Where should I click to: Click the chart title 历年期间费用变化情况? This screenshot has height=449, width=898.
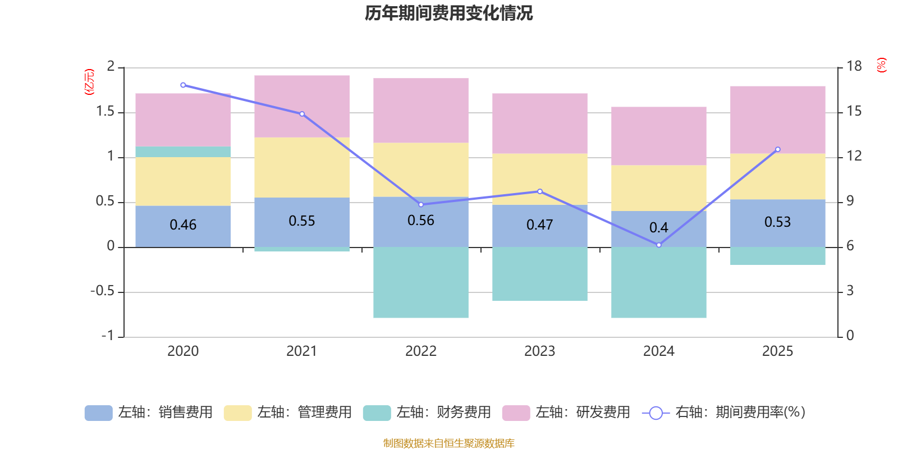448,13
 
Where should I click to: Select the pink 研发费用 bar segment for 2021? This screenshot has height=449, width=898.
302,106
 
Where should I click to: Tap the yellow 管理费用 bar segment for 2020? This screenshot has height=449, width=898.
183,181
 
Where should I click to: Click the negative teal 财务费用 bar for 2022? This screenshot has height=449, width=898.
421,282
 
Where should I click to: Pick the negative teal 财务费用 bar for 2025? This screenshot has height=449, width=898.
777,256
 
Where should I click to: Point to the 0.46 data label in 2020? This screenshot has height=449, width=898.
183,225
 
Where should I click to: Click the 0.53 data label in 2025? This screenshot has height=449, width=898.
777,222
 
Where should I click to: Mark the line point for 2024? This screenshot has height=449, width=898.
659,245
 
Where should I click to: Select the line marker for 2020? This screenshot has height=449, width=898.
183,85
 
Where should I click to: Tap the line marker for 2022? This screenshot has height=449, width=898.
421,204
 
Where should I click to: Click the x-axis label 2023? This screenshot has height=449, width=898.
539,351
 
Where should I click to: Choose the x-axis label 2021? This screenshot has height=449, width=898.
301,351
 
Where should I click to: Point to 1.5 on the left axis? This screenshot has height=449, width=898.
105,112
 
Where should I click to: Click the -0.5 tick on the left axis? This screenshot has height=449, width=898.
102,291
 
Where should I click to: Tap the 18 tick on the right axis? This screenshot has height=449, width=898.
854,66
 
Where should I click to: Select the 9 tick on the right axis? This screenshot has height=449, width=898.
850,201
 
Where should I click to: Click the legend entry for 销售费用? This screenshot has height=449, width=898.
149,413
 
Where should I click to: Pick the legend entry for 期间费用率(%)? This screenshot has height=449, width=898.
724,413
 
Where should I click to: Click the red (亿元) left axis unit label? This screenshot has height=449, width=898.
89,82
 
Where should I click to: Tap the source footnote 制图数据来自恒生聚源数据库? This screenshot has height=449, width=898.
448,443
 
